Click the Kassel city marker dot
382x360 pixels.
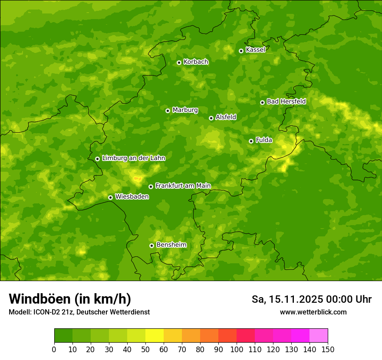click(241, 51)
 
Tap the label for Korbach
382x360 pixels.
click(196, 62)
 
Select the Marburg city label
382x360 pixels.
click(185, 110)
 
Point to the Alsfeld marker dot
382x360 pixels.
click(211, 118)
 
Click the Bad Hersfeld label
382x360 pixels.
click(286, 101)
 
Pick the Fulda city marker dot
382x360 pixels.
click(251, 141)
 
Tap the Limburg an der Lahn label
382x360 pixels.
click(133, 158)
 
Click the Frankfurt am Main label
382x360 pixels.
click(183, 186)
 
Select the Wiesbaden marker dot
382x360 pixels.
click(110, 197)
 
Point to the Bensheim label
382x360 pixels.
click(171, 245)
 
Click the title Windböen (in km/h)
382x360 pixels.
click(69, 299)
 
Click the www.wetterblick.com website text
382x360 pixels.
click(313, 312)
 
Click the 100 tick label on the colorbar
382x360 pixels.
click(237, 349)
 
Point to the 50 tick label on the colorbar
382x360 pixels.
click(145, 349)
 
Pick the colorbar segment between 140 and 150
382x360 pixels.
click(319, 335)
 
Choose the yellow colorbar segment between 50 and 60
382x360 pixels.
click(155, 335)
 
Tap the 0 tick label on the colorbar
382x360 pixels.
click(54, 349)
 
